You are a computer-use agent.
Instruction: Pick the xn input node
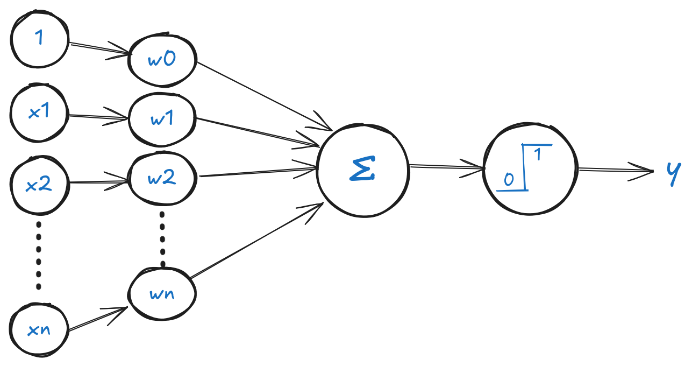point(39,328)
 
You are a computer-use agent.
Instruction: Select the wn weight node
point(162,294)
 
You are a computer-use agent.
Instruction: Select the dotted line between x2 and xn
point(38,253)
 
